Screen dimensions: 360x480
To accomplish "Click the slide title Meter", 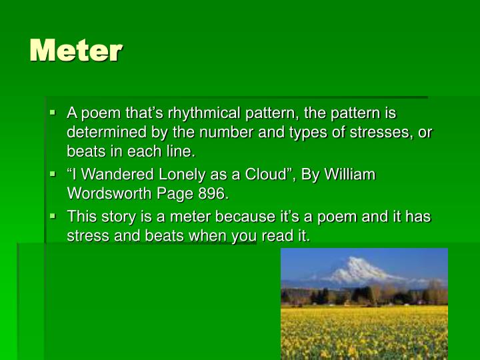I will click(75, 50).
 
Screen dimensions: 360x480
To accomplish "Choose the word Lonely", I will click(169, 175).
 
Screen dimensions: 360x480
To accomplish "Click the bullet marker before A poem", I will click(53, 113).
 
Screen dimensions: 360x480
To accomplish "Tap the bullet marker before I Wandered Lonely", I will click(53, 175).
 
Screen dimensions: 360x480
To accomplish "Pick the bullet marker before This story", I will click(53, 217).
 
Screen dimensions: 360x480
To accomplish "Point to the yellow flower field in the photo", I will click(363, 330).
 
